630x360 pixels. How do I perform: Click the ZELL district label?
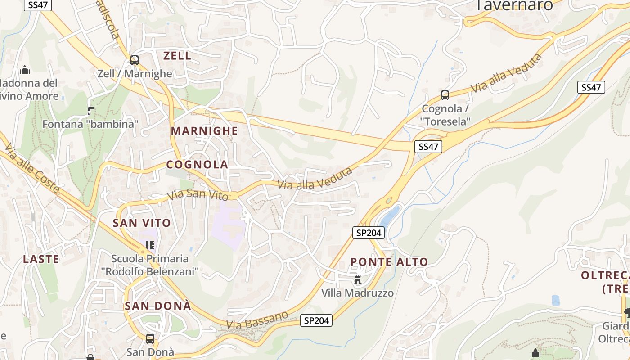point(177,56)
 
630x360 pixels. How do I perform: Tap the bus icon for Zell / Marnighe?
point(135,60)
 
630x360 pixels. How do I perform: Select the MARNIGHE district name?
point(204,131)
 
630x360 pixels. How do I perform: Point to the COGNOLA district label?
point(198,165)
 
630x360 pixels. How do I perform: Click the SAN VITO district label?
point(142,223)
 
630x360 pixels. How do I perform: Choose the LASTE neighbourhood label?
point(41,259)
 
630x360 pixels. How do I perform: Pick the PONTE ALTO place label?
point(389,262)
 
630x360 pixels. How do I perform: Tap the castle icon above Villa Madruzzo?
point(358,280)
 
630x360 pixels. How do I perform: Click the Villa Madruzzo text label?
point(357,293)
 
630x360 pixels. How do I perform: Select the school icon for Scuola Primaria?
point(150,245)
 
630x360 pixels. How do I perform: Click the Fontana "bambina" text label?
point(90,124)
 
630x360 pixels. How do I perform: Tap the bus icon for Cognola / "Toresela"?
point(445,95)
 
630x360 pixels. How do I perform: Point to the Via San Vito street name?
point(198,195)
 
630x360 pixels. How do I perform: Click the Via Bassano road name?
point(257,319)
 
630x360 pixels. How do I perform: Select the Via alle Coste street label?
point(32,168)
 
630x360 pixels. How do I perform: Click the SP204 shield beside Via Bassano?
point(316,320)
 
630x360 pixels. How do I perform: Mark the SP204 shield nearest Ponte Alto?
point(369,233)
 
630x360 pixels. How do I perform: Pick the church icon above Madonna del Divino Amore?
point(25,70)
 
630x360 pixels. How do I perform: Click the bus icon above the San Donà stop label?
point(150,338)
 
